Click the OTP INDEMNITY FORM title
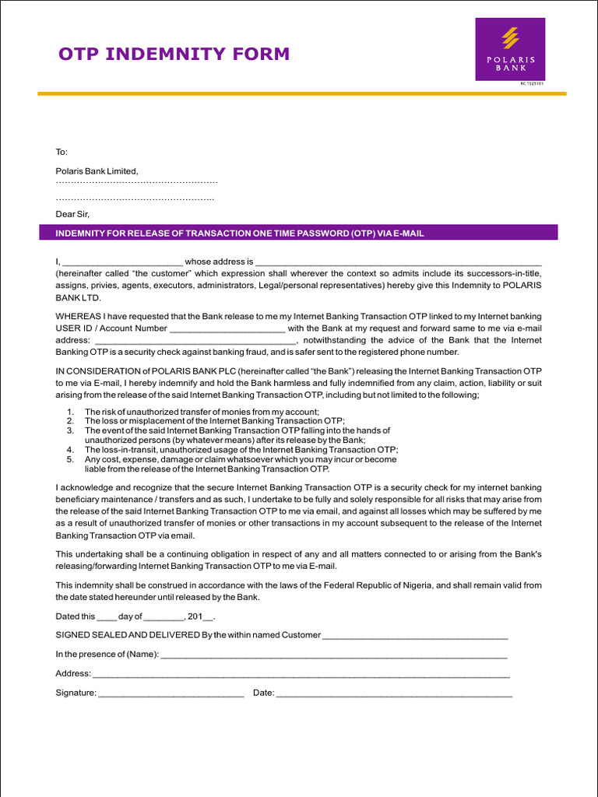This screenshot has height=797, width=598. pos(174,54)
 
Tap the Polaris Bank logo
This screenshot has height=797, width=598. pos(510,49)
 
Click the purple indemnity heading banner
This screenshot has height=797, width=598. pos(298,233)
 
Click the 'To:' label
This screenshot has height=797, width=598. pos(62,152)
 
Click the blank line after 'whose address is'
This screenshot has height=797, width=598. pos(398,263)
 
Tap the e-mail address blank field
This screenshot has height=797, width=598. pos(194,341)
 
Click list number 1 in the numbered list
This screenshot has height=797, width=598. pos(71,412)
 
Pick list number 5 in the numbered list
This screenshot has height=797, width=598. pos(71,459)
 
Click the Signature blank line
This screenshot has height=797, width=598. pos(171,693)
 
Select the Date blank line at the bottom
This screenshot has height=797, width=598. pos(394,693)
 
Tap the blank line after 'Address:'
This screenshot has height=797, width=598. pos(301,674)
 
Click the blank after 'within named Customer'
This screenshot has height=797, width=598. pos(415,636)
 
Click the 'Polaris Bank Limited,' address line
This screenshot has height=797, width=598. pos(97,171)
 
